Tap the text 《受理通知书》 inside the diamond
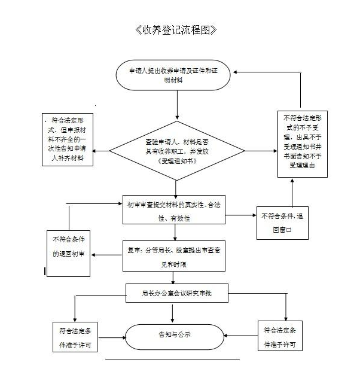(178, 162)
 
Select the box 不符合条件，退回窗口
(280, 222)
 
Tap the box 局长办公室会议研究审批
(177, 293)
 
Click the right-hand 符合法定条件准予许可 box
(279, 337)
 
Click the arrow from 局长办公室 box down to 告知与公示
(173, 313)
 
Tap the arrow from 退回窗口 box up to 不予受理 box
(292, 192)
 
